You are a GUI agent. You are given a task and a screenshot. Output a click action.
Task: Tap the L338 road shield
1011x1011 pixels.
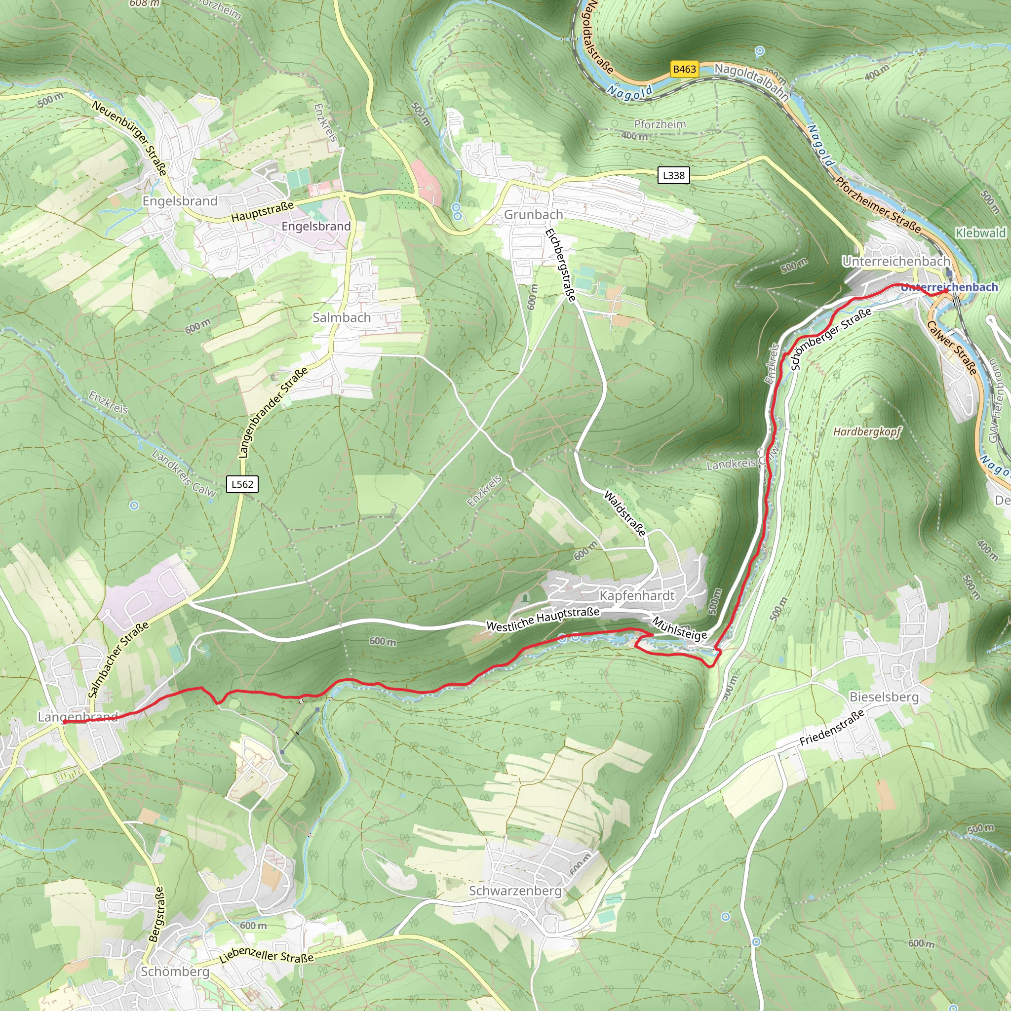point(673,175)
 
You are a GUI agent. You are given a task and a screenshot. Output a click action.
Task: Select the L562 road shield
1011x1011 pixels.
point(242,484)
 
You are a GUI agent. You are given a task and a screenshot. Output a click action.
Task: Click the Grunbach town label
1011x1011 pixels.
point(533,215)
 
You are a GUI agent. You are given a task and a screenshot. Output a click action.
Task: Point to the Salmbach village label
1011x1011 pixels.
point(341,317)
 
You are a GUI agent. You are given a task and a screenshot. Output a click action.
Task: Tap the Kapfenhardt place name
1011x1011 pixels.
point(637,595)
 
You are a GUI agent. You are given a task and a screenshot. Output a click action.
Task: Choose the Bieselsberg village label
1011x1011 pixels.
point(884,697)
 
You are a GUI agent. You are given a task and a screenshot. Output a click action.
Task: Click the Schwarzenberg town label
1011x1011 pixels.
point(515,891)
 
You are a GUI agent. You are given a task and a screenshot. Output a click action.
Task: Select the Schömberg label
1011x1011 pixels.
point(175,972)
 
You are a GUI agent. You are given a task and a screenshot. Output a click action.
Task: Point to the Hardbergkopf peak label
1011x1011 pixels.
point(867,432)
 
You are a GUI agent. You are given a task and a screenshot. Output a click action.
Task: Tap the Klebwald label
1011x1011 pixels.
point(980,233)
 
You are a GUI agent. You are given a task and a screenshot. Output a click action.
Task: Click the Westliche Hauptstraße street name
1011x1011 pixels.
point(543,619)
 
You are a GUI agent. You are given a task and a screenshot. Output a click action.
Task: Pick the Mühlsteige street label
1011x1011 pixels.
point(679,628)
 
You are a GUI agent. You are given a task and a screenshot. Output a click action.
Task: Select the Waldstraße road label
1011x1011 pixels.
point(625,513)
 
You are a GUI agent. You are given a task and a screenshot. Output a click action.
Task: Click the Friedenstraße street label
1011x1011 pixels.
point(832,728)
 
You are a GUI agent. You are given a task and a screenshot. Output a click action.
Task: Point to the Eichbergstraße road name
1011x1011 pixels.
point(560,265)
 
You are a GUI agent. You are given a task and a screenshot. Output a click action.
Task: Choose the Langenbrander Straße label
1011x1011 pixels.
point(272,413)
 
